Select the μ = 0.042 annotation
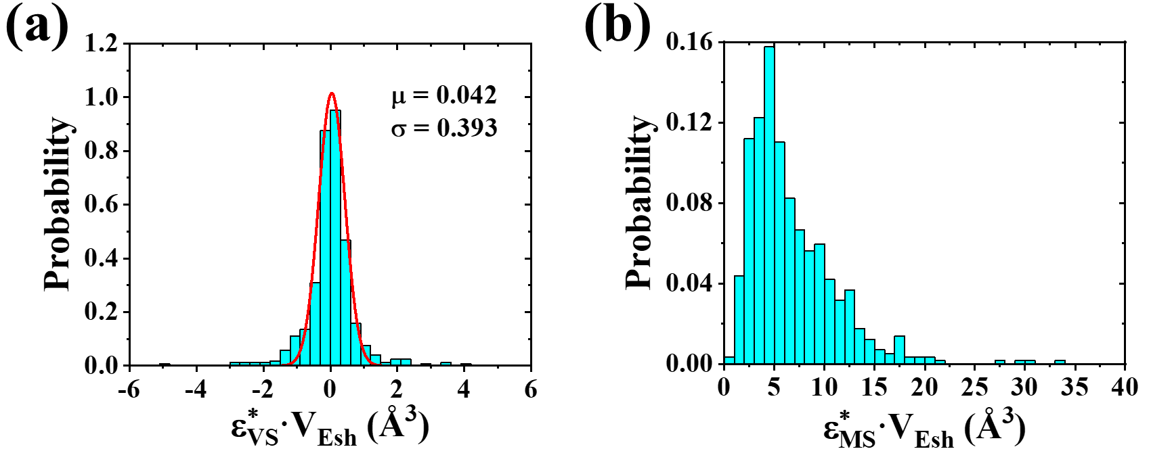point(444,95)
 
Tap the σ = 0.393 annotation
point(444,128)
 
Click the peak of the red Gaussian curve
point(331,93)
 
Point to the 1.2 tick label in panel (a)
point(101,43)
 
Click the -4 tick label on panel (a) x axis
point(196,390)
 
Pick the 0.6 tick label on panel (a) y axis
point(101,204)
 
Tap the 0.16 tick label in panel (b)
point(689,42)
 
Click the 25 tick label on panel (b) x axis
point(975,387)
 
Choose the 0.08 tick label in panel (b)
point(689,203)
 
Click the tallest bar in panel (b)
point(769,203)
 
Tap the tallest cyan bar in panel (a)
point(334,237)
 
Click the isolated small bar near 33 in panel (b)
point(1060,362)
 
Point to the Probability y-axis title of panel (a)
point(58,203)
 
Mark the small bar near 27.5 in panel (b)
point(1000,362)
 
